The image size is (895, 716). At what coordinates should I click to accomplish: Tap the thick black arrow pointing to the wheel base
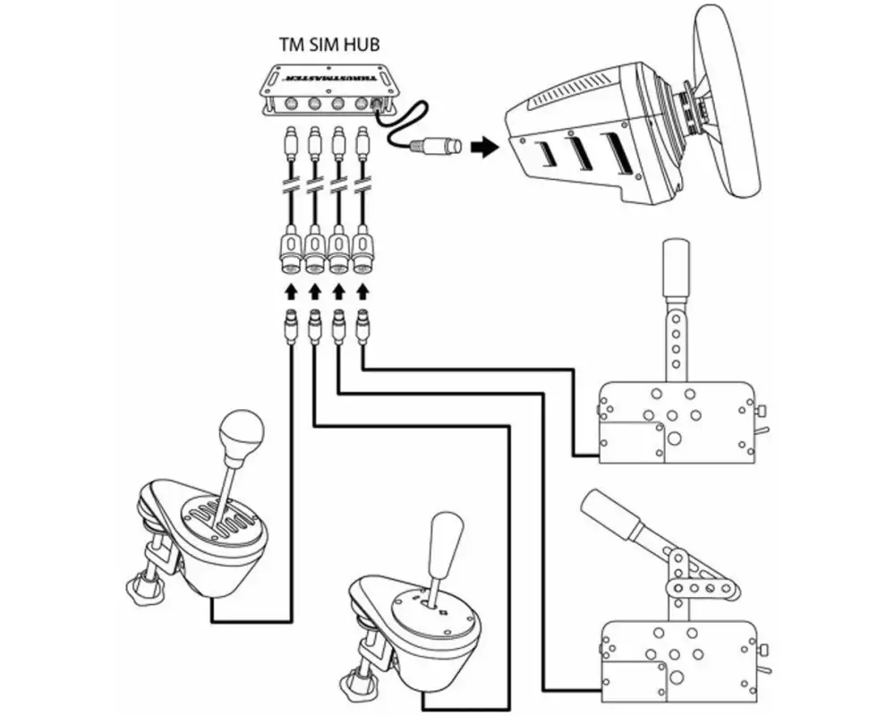coord(483,147)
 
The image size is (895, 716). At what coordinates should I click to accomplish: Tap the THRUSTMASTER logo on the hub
coord(323,78)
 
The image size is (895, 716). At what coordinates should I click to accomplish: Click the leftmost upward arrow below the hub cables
coord(290,293)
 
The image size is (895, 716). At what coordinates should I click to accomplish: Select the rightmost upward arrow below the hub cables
coord(362,293)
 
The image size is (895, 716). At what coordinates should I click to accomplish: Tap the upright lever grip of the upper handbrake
coord(674,268)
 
